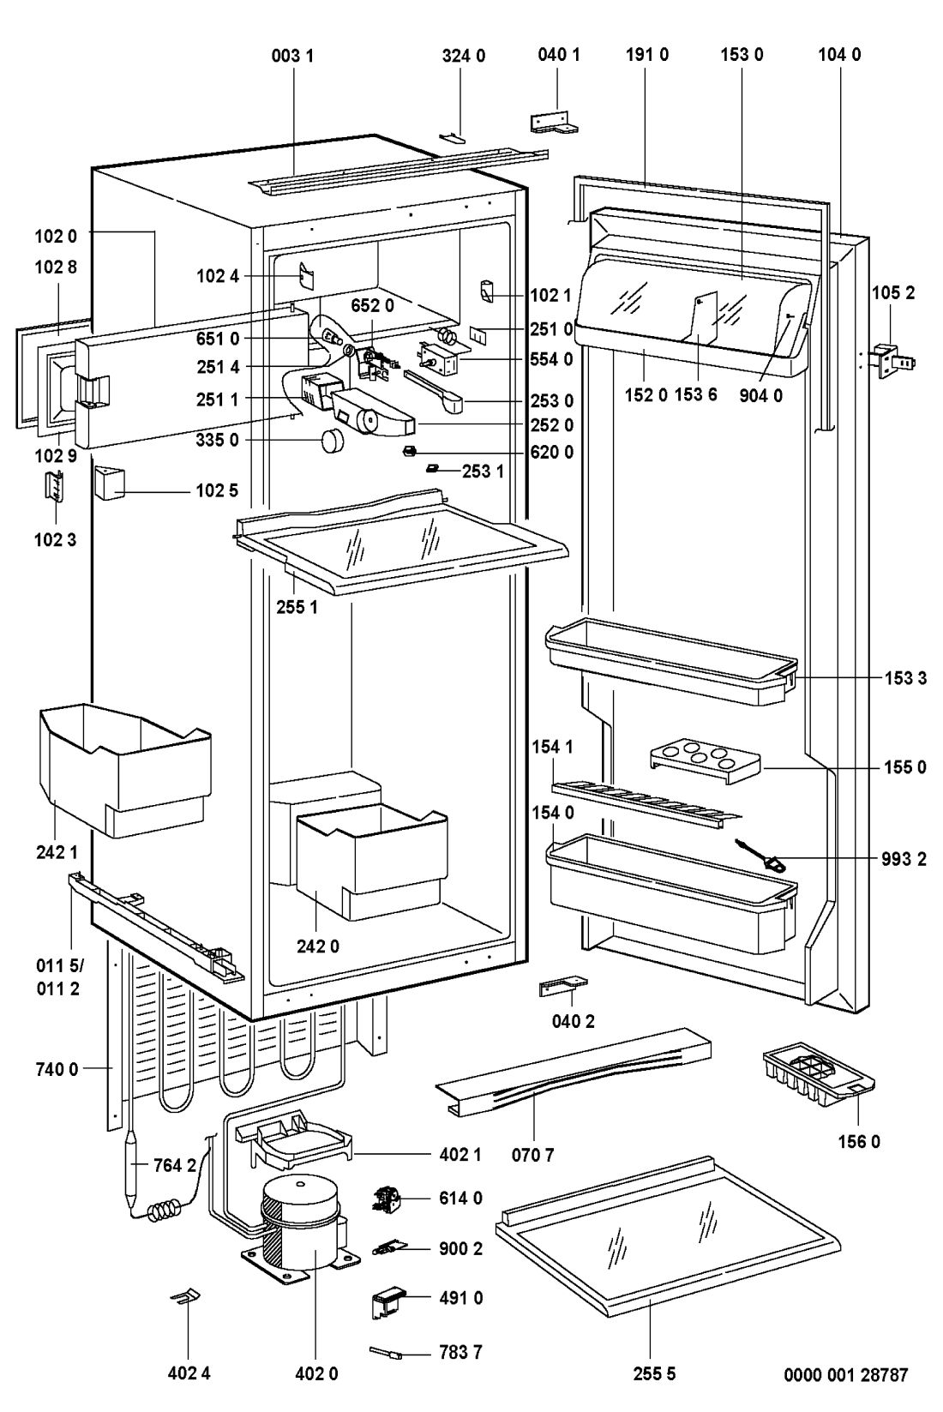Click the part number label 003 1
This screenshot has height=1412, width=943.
coord(293,56)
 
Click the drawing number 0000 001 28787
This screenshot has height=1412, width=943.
coord(845,1375)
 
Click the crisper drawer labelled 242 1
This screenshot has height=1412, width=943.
coord(121,766)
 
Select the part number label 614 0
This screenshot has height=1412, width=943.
coord(461,1199)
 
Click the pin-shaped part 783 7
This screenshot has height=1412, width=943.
coord(385,1353)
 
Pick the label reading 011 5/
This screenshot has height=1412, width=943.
coord(53,967)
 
